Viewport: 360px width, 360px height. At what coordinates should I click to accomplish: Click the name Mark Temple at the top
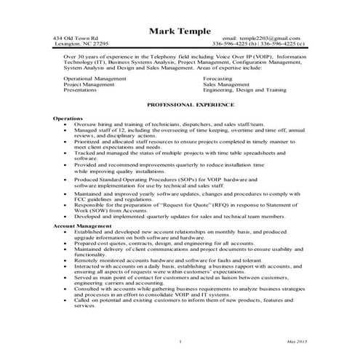click(180, 31)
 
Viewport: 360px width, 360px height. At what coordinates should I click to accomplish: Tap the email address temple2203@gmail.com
click(264, 37)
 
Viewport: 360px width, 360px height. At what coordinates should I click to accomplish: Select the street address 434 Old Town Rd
click(78, 37)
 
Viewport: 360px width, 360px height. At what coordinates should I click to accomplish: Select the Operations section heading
click(68, 118)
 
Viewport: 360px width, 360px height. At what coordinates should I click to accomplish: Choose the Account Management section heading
click(82, 226)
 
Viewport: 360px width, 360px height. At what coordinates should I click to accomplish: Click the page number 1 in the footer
click(179, 341)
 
